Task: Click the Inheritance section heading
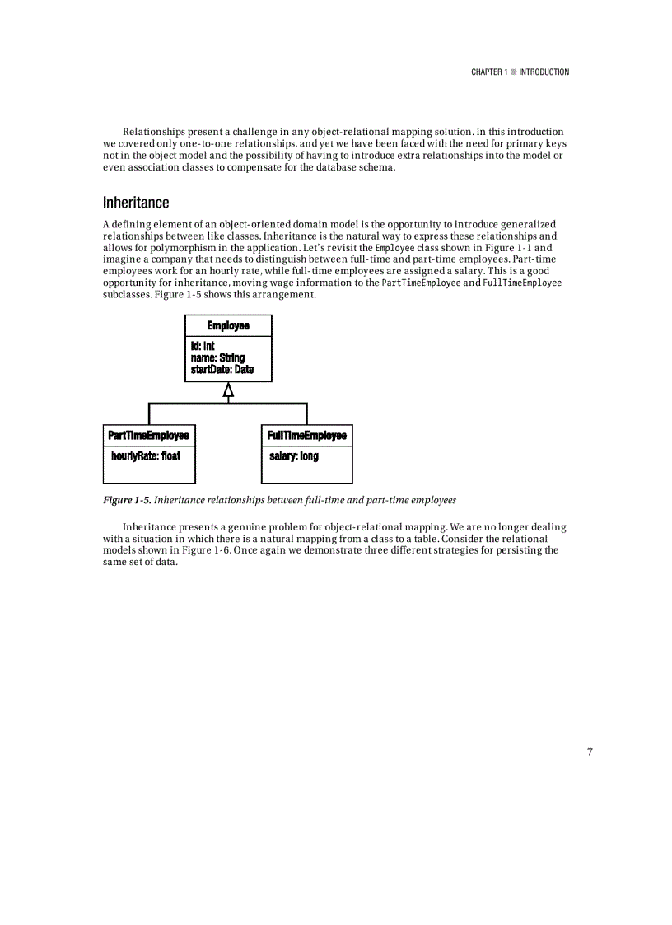pos(136,203)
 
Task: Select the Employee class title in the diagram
pos(228,326)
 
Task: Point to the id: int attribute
pos(203,347)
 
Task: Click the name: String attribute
pos(217,358)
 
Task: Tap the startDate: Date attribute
pos(222,370)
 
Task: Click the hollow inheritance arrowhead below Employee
pos(228,390)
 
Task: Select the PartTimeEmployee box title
pos(149,435)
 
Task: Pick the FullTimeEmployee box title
pos(306,435)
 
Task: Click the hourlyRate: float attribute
pos(146,455)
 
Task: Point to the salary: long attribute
pos(294,455)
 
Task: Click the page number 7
pos(590,751)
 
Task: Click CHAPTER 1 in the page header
pos(488,72)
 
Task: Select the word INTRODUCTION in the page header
pos(544,72)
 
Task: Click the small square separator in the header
pos(513,72)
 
